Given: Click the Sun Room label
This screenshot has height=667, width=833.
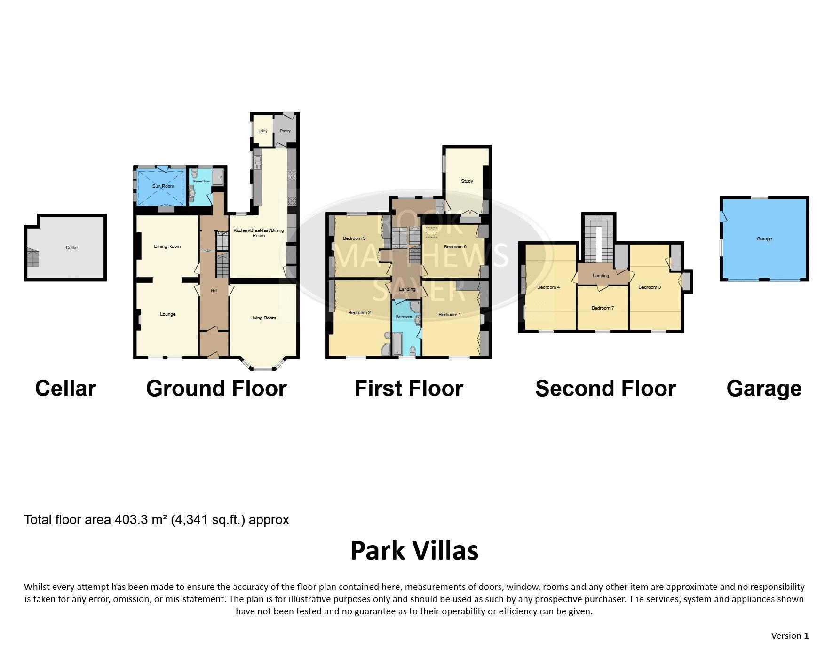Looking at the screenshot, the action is click(x=163, y=186).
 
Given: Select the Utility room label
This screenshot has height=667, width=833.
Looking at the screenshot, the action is click(x=263, y=131).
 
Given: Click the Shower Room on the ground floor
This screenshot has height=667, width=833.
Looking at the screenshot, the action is click(x=206, y=186).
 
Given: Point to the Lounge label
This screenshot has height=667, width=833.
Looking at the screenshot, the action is click(x=168, y=314).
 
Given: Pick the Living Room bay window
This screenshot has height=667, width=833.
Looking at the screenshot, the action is click(x=263, y=364).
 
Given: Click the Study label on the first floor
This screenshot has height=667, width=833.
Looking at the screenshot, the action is click(x=467, y=181).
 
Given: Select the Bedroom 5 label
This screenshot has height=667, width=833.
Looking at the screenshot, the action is click(x=354, y=238).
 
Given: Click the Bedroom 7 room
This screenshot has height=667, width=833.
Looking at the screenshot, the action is click(x=603, y=308).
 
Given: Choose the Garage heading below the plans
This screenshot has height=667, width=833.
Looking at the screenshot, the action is click(x=764, y=389).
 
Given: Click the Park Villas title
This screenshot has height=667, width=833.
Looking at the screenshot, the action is click(x=414, y=550).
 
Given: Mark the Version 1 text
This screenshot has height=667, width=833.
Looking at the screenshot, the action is click(x=790, y=636).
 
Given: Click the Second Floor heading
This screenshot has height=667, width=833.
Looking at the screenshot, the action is click(x=605, y=389).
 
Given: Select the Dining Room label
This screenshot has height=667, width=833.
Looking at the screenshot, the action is click(x=167, y=246).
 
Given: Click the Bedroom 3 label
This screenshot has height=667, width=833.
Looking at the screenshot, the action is click(x=650, y=287).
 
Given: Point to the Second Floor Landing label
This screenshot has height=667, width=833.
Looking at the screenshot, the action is click(x=601, y=276).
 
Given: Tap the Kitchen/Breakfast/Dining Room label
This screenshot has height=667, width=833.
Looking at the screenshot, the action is click(x=259, y=233).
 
